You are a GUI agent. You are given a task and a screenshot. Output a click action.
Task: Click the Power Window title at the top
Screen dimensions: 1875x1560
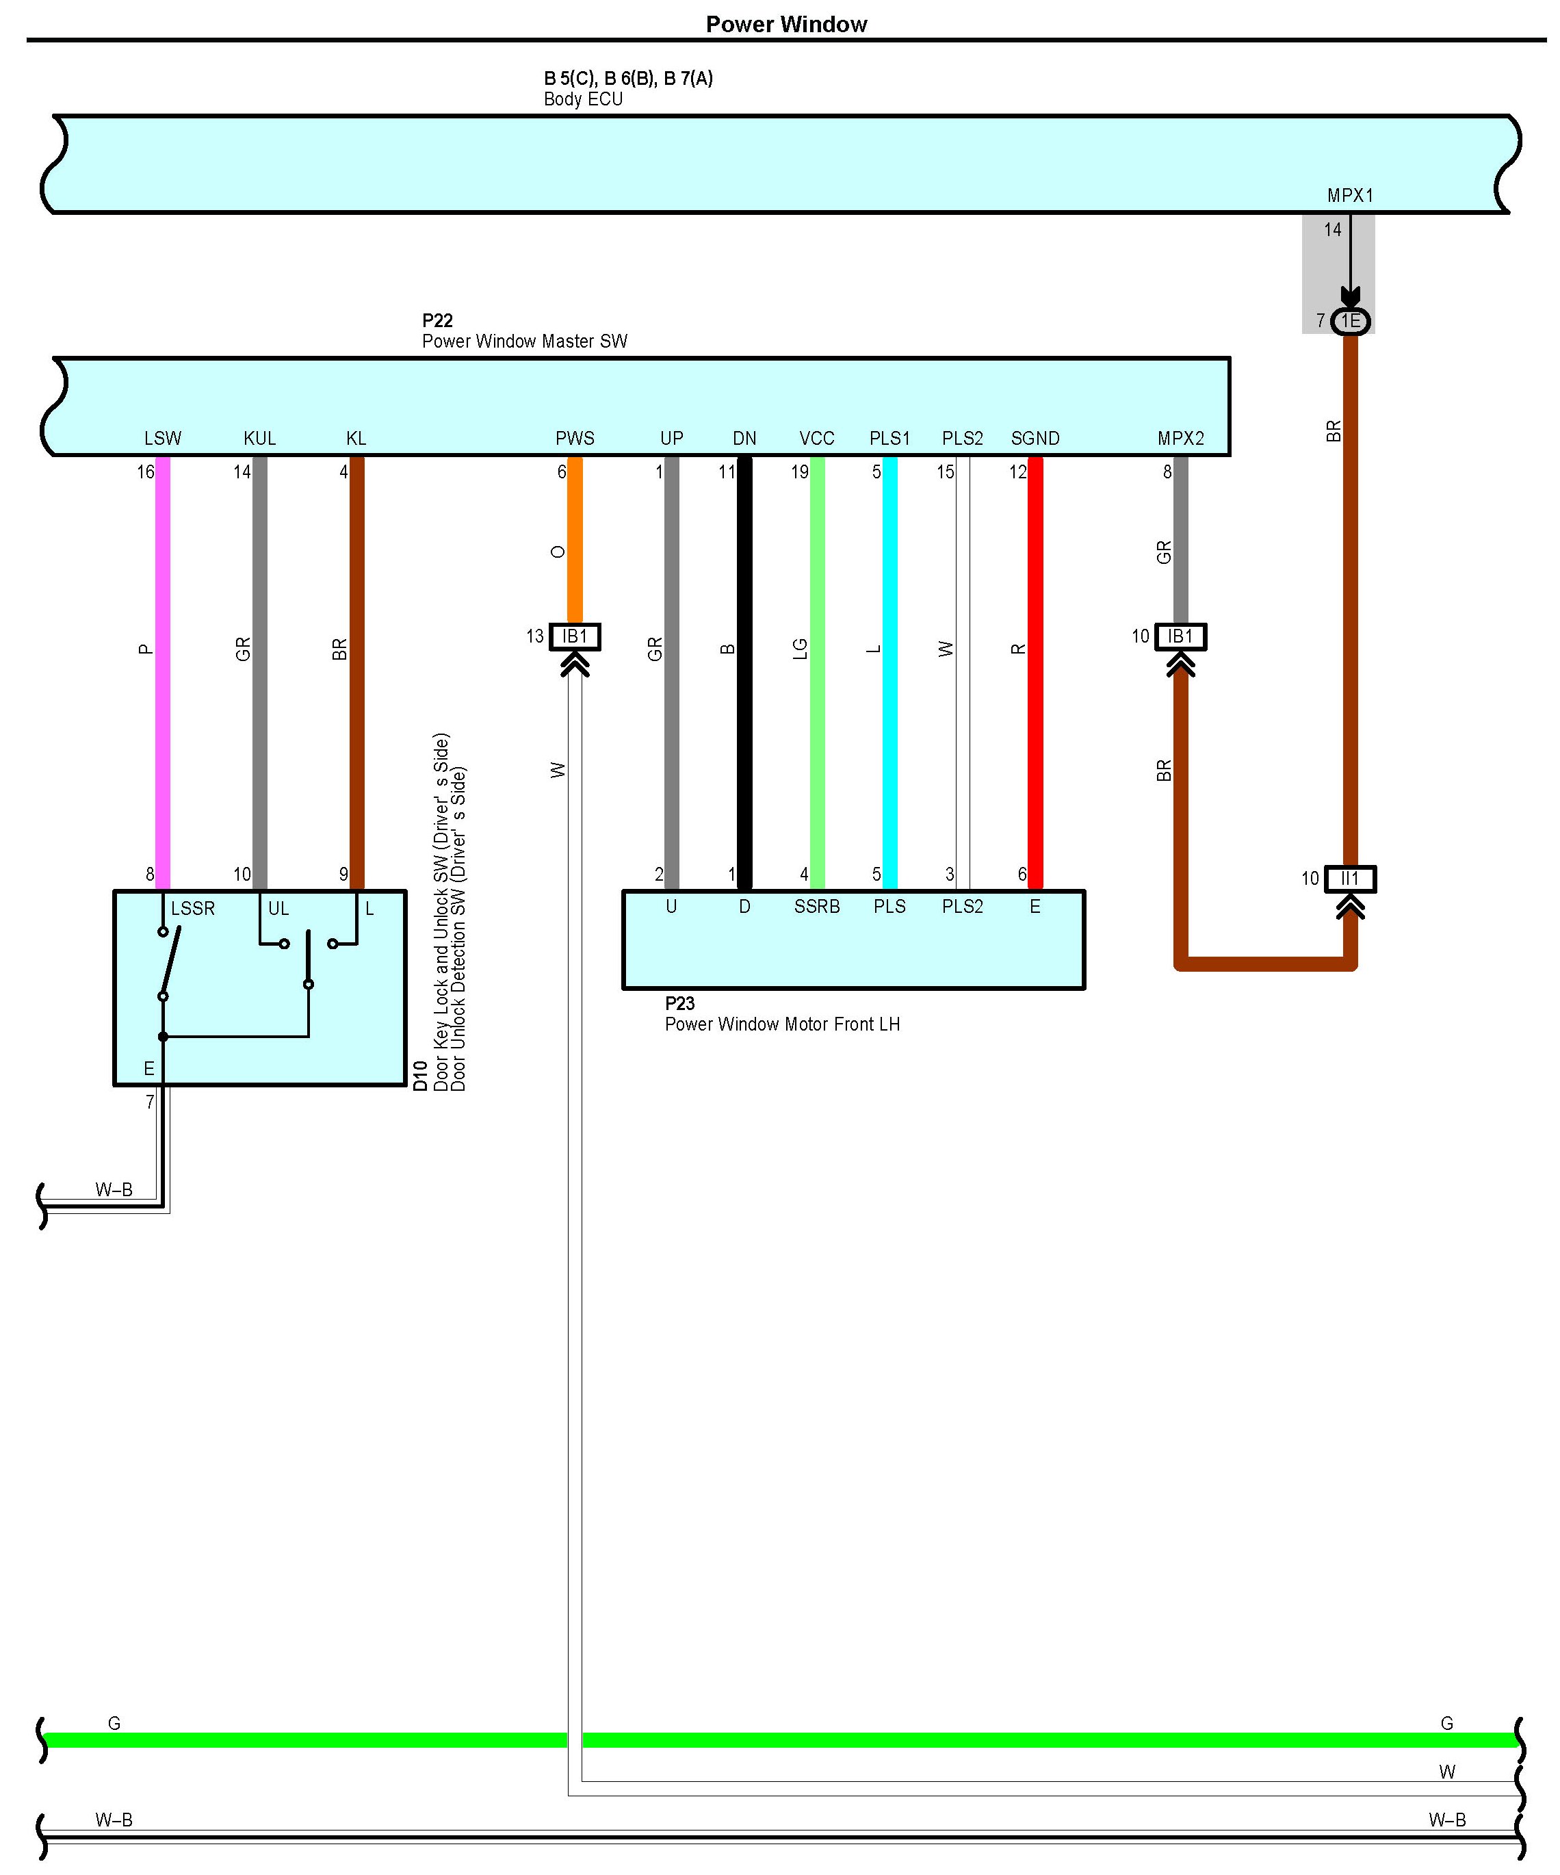(785, 24)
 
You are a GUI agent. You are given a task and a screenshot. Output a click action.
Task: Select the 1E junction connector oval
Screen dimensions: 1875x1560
(1349, 320)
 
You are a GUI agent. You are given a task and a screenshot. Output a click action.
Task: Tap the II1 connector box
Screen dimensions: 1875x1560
(1349, 879)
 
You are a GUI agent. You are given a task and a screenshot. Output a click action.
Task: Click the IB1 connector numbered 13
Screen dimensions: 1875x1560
(574, 636)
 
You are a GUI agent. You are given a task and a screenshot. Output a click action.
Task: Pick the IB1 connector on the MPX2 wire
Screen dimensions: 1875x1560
(1180, 636)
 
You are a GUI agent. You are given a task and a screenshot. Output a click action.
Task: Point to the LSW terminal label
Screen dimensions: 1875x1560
(163, 439)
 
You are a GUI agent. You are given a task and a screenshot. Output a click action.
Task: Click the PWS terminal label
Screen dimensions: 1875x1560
(574, 439)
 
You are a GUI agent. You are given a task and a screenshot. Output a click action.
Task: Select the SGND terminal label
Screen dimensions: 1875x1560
(1035, 439)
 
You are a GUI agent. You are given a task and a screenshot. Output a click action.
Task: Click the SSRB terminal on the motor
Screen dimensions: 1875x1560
(816, 907)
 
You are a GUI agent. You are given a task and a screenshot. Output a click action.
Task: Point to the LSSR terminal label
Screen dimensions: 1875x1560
(193, 909)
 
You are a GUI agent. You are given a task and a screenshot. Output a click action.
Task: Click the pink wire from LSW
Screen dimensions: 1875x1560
(163, 670)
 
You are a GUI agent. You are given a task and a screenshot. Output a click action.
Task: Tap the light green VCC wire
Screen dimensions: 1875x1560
(817, 670)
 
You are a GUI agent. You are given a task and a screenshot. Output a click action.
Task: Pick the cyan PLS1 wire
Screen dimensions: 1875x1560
(889, 670)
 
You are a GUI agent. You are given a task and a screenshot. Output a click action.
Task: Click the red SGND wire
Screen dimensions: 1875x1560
(1035, 670)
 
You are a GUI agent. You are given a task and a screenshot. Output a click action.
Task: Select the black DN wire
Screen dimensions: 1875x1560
(744, 670)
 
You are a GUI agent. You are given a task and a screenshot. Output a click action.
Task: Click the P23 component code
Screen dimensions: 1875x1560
(679, 1004)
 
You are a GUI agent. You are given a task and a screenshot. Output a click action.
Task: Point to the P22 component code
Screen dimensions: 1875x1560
(437, 320)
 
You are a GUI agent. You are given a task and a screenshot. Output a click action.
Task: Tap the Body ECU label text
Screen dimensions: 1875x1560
(583, 99)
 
